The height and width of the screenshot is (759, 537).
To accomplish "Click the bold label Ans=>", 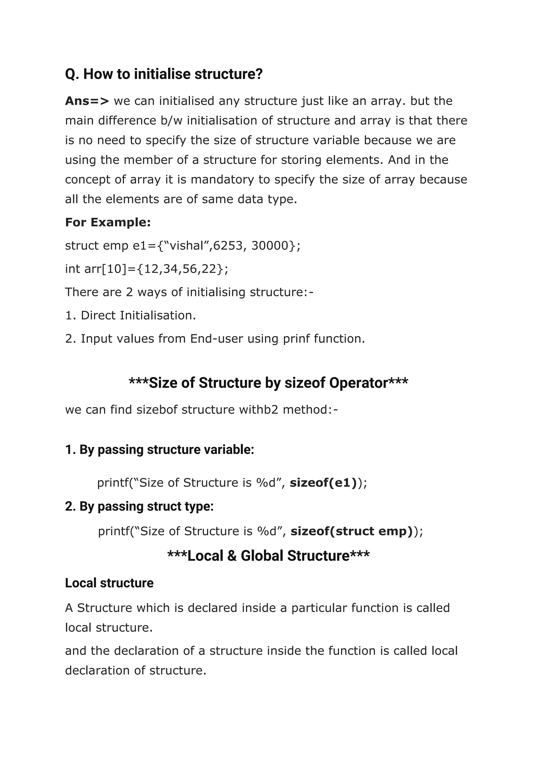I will click(87, 101).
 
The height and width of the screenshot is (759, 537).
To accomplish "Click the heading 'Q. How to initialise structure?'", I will click(164, 74).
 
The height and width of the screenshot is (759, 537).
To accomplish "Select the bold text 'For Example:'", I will click(108, 222).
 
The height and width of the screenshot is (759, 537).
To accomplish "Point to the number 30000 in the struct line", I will click(270, 246).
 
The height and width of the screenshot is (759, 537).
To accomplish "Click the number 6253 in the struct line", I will click(228, 246).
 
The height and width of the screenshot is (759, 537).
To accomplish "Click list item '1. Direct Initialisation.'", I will click(131, 315).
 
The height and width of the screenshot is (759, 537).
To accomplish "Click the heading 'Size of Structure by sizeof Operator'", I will click(268, 383).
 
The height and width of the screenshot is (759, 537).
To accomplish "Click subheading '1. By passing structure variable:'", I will click(159, 450).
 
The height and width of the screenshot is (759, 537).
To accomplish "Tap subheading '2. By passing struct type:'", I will click(139, 507).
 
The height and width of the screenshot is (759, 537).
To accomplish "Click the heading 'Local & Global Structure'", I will click(268, 556).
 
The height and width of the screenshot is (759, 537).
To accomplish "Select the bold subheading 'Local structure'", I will click(109, 583).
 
